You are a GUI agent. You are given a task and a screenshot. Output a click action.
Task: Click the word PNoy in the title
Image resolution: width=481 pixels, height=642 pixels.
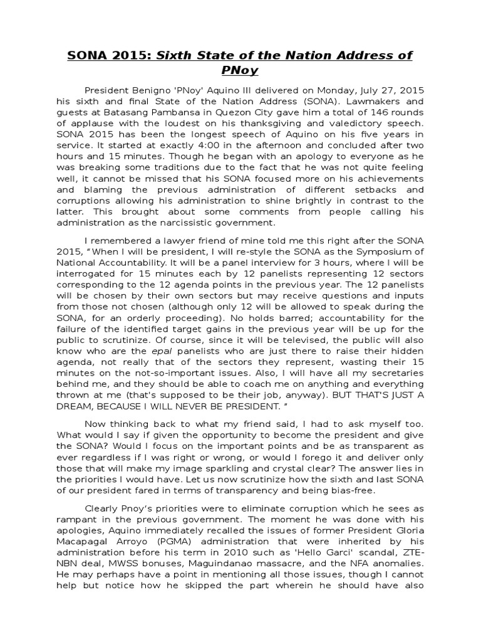tap(240, 71)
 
